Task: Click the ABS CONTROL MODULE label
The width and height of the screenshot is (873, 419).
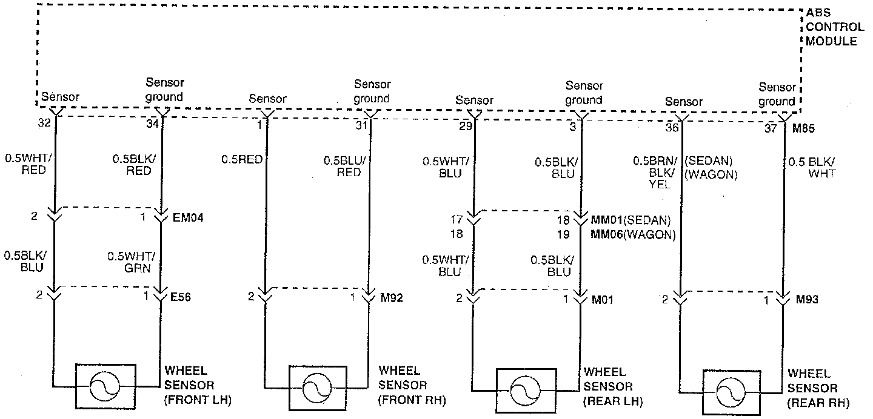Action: (x=835, y=27)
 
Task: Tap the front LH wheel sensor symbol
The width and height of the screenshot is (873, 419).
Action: (x=105, y=386)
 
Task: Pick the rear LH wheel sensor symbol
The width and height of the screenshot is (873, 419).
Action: (x=525, y=389)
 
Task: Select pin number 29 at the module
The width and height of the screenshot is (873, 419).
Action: (x=466, y=126)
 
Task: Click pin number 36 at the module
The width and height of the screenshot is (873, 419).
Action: (x=672, y=128)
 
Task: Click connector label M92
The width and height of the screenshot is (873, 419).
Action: (x=391, y=297)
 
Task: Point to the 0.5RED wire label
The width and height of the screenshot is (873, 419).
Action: (x=242, y=160)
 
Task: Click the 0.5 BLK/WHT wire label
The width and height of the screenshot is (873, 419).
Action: (x=812, y=167)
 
